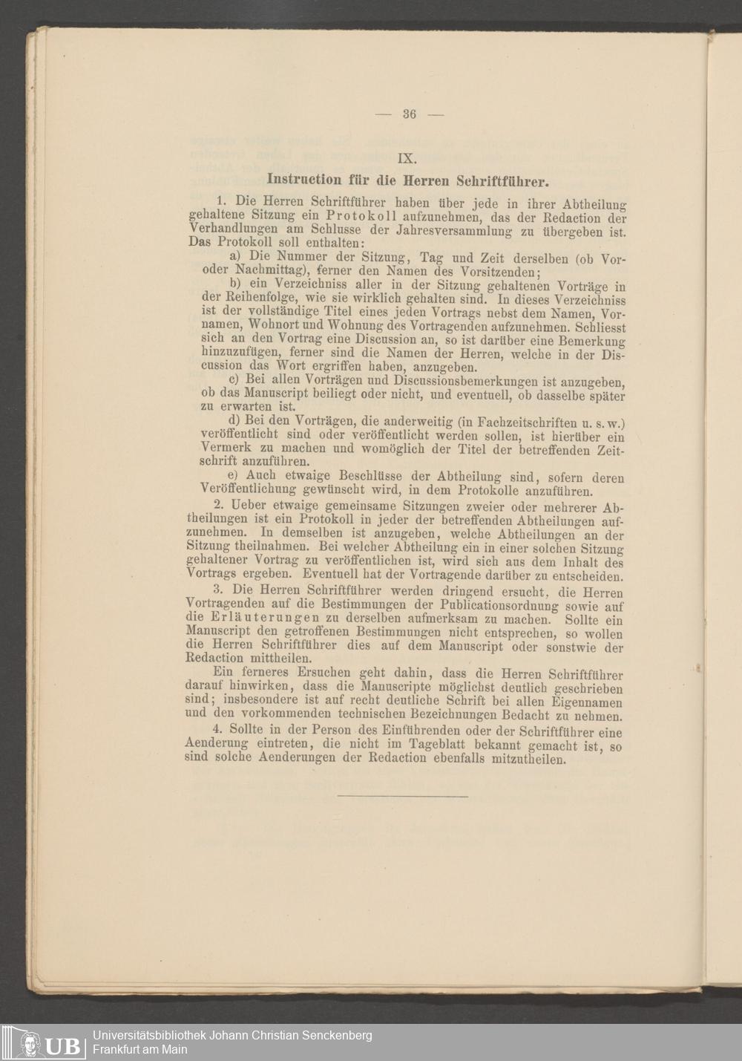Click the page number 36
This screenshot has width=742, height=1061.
(x=409, y=114)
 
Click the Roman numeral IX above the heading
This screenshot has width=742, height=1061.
(x=407, y=157)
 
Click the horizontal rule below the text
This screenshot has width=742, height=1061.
(x=403, y=797)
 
